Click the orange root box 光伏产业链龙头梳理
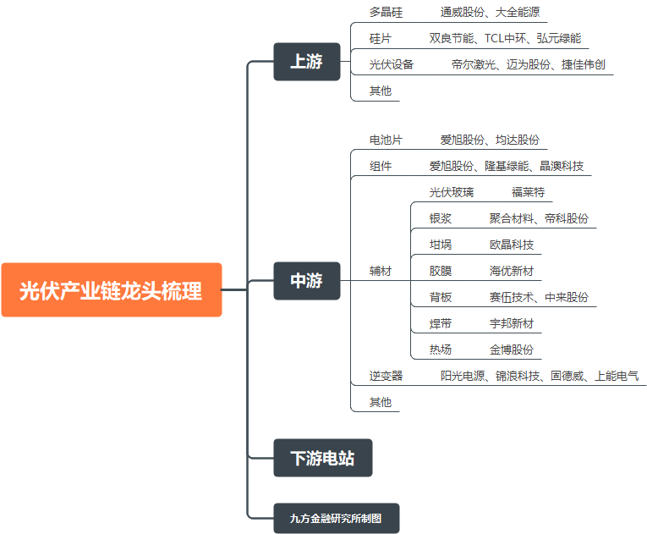[x=111, y=290]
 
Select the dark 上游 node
[x=306, y=62]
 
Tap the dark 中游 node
[x=306, y=281]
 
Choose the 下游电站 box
[x=322, y=459]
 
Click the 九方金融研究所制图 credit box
[x=336, y=518]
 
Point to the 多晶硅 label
[x=386, y=13]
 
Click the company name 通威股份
[x=462, y=13]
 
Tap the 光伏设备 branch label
[x=392, y=64]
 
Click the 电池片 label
[x=386, y=140]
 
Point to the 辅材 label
[x=381, y=271]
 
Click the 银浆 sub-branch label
[x=441, y=218]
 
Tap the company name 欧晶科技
[x=511, y=245]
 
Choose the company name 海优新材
[x=511, y=271]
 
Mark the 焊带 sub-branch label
[x=441, y=323]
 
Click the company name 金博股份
[x=511, y=350]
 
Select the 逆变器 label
[x=386, y=376]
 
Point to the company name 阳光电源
[x=462, y=376]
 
